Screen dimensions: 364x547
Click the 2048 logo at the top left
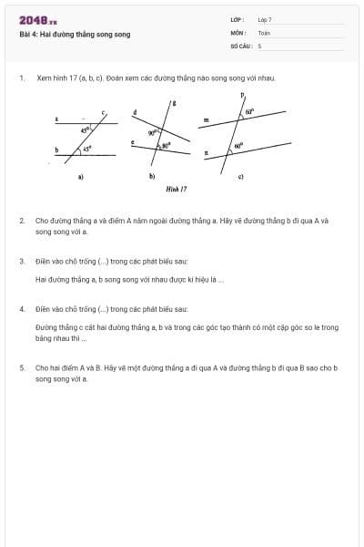37,20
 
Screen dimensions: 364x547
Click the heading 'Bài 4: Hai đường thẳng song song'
75,34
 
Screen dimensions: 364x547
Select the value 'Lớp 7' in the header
265,19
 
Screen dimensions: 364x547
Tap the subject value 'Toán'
264,32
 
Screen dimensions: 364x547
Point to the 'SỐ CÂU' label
240,45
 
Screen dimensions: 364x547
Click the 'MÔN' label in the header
238,32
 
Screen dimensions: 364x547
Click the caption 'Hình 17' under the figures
177,189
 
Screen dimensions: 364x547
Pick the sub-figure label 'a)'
81,176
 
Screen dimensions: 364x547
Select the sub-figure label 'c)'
241,176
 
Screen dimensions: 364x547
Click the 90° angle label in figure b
154,132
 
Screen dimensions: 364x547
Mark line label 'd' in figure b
136,113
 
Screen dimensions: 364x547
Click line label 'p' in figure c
242,95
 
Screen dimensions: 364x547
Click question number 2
22,221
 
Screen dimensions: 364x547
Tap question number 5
22,367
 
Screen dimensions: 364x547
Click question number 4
22,309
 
